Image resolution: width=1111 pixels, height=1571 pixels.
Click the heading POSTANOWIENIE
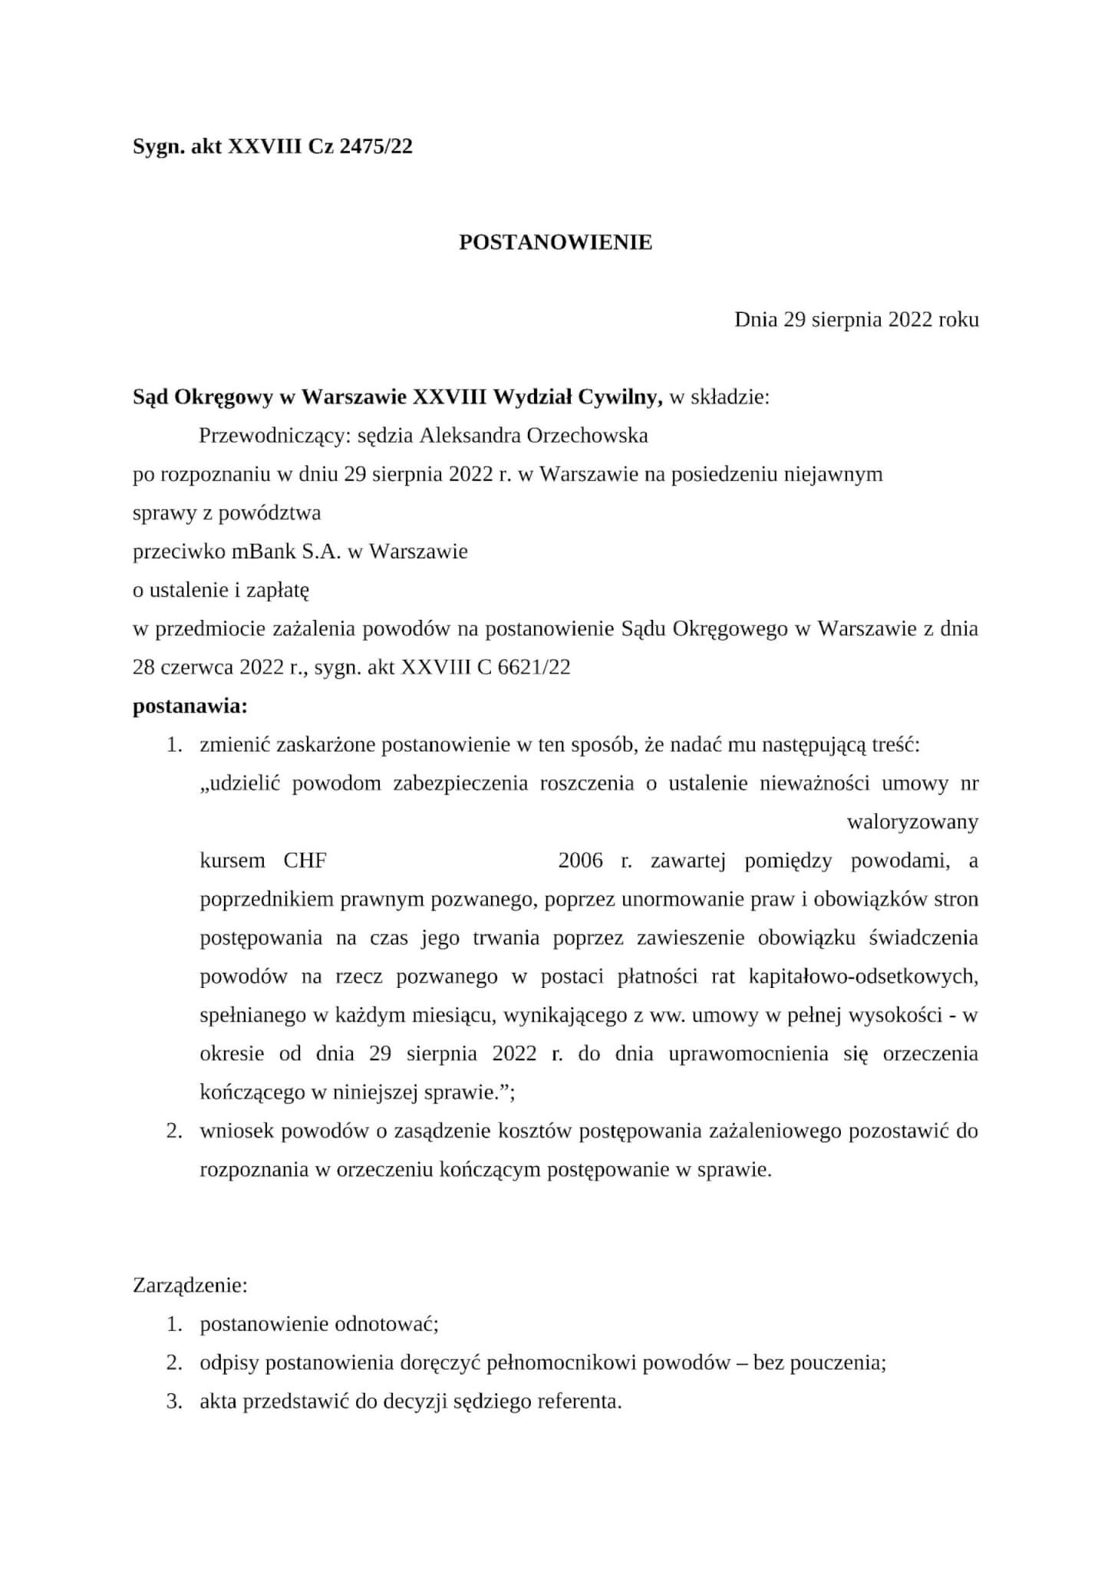pos(555,242)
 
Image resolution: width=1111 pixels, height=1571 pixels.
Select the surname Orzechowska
pos(588,436)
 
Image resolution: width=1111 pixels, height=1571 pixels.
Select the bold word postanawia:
pos(190,706)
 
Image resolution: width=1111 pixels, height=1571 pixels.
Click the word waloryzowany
pos(912,822)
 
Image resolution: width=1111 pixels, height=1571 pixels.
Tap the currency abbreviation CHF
pos(305,861)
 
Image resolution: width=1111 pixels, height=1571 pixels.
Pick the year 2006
pos(580,861)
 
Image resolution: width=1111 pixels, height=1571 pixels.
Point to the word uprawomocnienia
pos(748,1053)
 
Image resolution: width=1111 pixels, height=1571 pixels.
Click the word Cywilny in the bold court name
pos(620,397)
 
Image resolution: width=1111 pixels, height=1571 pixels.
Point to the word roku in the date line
pos(958,319)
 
